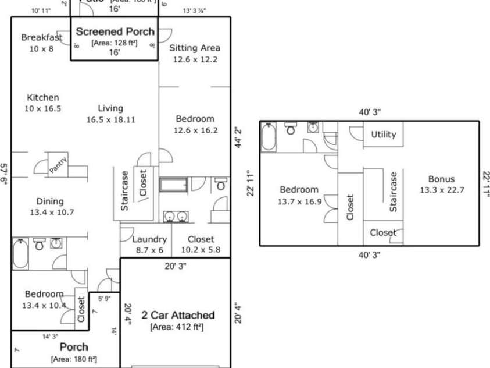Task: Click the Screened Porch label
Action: coord(115,31)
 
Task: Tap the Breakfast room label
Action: coord(41,37)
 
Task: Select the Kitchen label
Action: coord(42,98)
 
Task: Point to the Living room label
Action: coord(110,108)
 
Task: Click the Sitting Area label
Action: coord(195,48)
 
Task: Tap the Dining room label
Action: coord(49,201)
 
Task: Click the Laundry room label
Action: coord(149,239)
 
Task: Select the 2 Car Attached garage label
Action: coord(178,315)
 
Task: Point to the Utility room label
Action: coord(384,135)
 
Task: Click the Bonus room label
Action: coord(441,179)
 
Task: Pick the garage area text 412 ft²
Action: coord(177,327)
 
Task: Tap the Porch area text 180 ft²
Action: coord(73,359)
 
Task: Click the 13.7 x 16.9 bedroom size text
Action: coord(299,201)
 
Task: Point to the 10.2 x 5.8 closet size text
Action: coord(201,250)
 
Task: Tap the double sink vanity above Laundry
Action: coord(175,216)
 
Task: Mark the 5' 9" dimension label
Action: coord(104,299)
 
